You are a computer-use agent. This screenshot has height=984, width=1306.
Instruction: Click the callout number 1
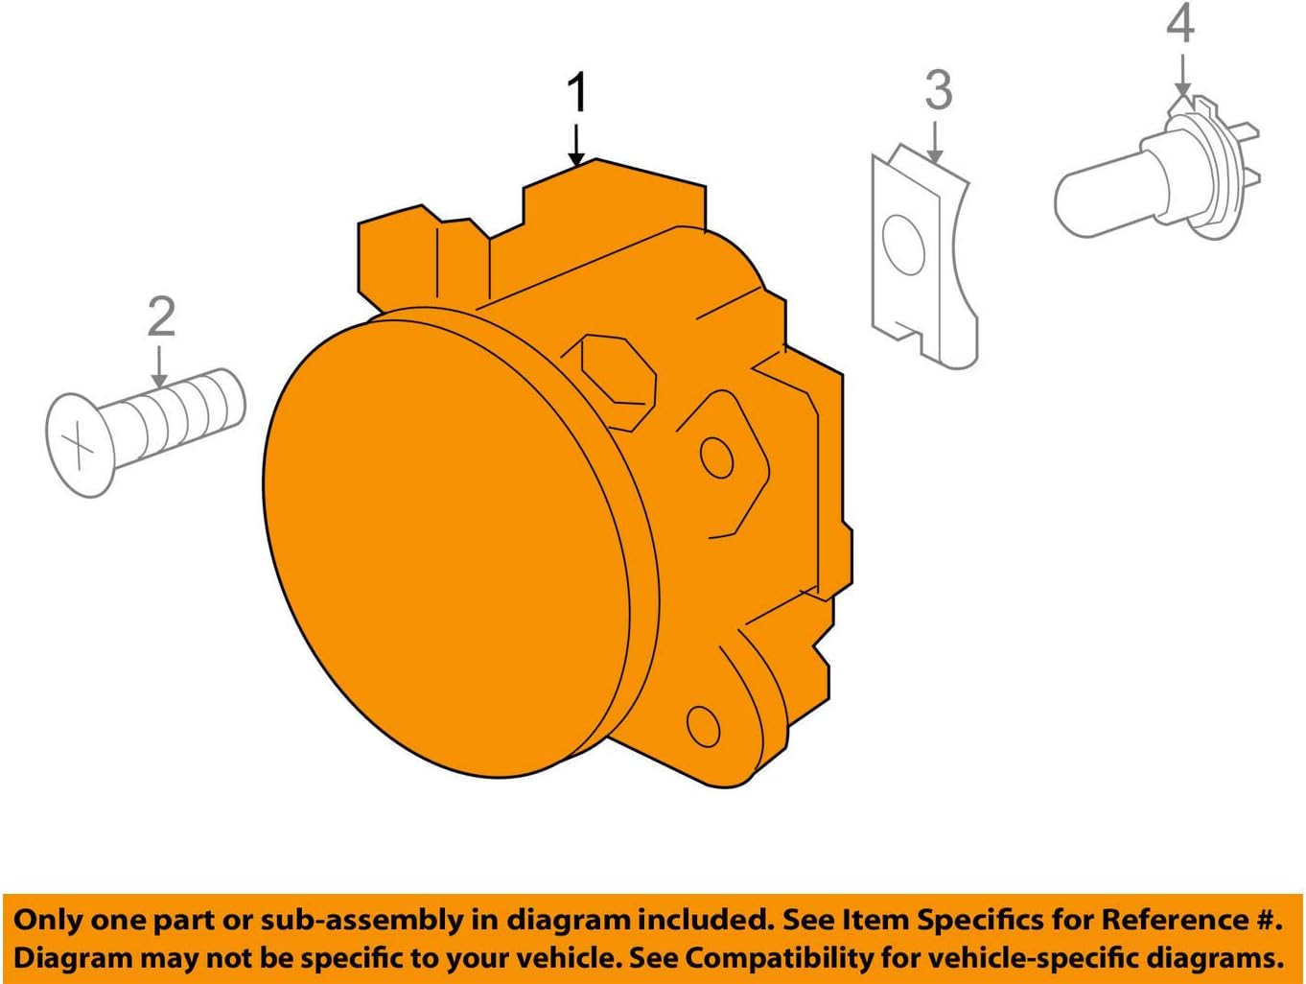[576, 94]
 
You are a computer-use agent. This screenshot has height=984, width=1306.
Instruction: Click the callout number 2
[161, 317]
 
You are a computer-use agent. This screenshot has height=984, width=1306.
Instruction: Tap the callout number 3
[938, 90]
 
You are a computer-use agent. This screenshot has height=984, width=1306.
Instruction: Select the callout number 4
[1180, 24]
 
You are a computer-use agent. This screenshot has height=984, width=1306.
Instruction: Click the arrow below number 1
[576, 144]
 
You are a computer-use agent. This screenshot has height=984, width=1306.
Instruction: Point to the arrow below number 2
[160, 366]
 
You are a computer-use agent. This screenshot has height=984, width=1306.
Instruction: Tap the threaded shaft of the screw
[182, 414]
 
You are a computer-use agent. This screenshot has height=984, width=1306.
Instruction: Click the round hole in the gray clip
[903, 245]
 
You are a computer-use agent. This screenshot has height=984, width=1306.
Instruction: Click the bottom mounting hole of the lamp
[704, 726]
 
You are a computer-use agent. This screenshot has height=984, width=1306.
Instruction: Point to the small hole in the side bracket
[717, 457]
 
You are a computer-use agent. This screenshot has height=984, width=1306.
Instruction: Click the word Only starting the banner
[47, 921]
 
